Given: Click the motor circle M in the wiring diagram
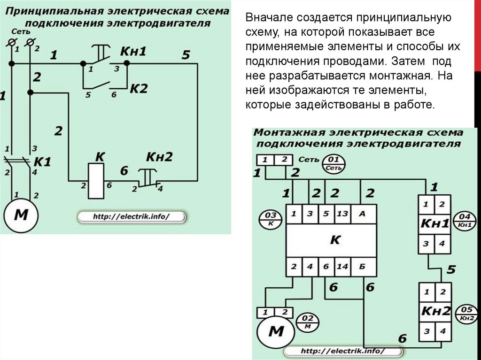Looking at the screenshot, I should (276, 332).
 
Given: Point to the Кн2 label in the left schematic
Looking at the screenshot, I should (160, 157).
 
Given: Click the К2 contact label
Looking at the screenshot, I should (139, 88).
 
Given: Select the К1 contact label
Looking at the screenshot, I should (42, 162).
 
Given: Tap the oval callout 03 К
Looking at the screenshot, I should (271, 220).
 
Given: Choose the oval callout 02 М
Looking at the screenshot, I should (308, 322).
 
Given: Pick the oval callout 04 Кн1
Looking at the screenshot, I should (464, 221).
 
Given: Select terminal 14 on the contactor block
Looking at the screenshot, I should (342, 267).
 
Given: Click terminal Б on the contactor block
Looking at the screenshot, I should (363, 267).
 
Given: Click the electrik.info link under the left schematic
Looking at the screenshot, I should (132, 217).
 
